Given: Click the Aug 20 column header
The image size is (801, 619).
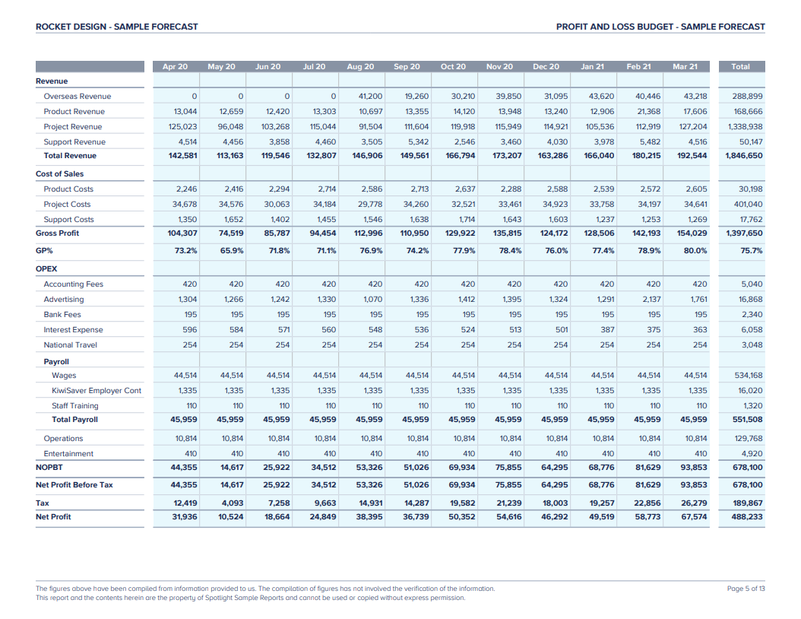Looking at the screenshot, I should point(360,67).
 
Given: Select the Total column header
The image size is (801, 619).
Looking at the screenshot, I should point(740,67).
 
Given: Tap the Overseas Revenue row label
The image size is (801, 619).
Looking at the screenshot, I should point(77,97).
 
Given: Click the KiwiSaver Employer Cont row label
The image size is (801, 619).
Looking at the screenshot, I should point(97,391).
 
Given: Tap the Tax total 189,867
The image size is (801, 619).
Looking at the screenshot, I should point(748,503).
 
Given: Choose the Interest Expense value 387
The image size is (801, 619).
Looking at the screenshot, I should point(606,330).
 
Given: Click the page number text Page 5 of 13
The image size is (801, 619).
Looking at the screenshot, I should point(746,589).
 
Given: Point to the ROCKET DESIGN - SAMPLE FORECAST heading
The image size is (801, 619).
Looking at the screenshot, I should point(116,27).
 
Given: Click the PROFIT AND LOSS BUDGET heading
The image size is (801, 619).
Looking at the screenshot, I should point(660,27).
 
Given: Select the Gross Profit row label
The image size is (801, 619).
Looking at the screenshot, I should point(57,233).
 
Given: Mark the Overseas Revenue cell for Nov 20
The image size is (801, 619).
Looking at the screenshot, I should point(508,97).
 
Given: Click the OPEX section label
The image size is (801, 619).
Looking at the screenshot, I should point(46,269).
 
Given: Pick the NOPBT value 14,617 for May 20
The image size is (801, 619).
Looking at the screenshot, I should point(232,468).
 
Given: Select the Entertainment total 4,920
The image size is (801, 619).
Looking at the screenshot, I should point(751,454).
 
